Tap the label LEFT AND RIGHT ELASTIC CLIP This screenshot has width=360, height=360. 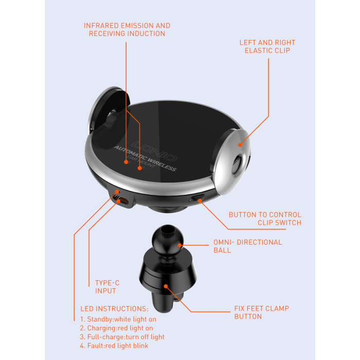click(267, 46)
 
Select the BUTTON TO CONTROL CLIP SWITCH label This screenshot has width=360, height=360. click(265, 219)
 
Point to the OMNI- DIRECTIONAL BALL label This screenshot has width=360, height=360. click(248, 246)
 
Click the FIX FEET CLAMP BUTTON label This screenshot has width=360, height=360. click(261, 313)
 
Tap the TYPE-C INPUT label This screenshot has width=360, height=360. click(107, 287)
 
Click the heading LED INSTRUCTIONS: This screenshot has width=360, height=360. click(114, 309)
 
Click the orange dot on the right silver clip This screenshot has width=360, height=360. click(240, 145)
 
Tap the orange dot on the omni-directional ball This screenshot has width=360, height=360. click(180, 245)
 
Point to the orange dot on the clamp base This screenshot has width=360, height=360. click(166, 286)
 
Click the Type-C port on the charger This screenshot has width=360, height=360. click(123, 201)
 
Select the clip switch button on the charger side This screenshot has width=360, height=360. click(197, 198)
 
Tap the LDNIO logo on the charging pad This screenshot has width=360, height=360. click(154, 150)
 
